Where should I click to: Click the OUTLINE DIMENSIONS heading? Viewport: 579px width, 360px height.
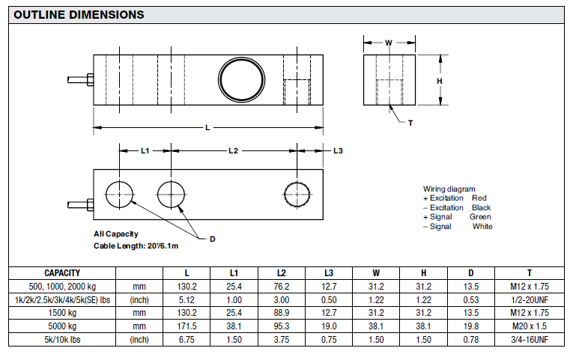[x=79, y=14]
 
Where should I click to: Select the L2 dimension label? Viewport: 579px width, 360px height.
[x=233, y=151]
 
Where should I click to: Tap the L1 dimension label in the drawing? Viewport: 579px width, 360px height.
[x=145, y=151]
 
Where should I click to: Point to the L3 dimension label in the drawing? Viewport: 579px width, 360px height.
[x=338, y=151]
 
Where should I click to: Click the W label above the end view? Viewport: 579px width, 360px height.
[x=389, y=43]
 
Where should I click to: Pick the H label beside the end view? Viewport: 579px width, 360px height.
[x=440, y=81]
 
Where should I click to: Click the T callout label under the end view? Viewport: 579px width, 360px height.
[x=410, y=122]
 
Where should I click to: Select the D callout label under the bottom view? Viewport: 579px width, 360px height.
[x=212, y=239]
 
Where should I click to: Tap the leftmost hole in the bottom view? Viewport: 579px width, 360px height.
[x=120, y=194]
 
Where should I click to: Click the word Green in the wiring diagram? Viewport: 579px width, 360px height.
[x=480, y=217]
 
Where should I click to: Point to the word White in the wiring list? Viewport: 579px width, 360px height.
[x=482, y=226]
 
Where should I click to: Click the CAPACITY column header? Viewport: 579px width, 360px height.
[x=62, y=273]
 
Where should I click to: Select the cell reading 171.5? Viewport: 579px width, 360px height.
[x=187, y=327]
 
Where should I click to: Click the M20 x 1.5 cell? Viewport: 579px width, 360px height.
[x=529, y=327]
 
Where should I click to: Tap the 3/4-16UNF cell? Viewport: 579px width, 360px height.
[x=529, y=340]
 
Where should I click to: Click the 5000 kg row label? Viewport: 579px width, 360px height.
[x=62, y=327]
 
